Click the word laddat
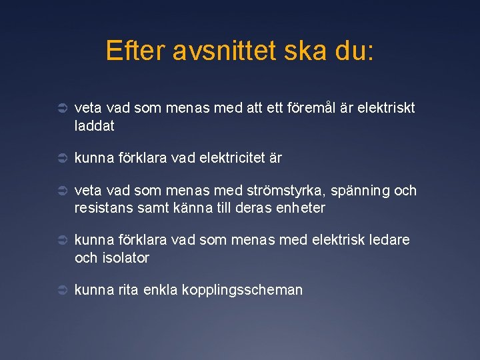coord(95,125)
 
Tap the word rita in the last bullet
coord(129,290)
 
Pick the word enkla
coord(161,290)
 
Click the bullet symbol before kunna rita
coord(59,290)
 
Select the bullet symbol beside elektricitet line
coord(59,158)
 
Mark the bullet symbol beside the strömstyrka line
coord(59,191)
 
